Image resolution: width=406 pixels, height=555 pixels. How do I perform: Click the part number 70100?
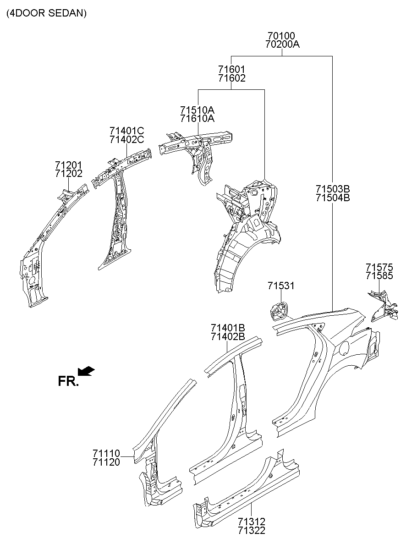[x=281, y=36]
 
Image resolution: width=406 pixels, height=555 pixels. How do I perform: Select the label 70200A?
[x=281, y=44]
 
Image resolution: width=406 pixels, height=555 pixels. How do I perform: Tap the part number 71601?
[x=231, y=70]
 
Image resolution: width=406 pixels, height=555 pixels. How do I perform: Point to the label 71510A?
[x=197, y=110]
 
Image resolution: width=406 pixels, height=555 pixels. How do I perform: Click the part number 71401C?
[x=126, y=131]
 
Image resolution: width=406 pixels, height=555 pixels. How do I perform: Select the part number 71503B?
[x=332, y=189]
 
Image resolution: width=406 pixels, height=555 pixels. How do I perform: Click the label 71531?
[x=281, y=286]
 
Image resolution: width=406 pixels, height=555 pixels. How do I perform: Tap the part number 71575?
[x=379, y=267]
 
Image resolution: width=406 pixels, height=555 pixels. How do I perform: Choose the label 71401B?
[x=228, y=328]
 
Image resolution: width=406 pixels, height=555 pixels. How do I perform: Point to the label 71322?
[x=252, y=531]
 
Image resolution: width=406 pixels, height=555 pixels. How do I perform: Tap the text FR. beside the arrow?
[x=68, y=381]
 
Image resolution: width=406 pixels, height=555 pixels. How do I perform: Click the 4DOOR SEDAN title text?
[x=46, y=13]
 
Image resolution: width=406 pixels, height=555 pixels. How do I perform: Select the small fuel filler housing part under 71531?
[x=278, y=312]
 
